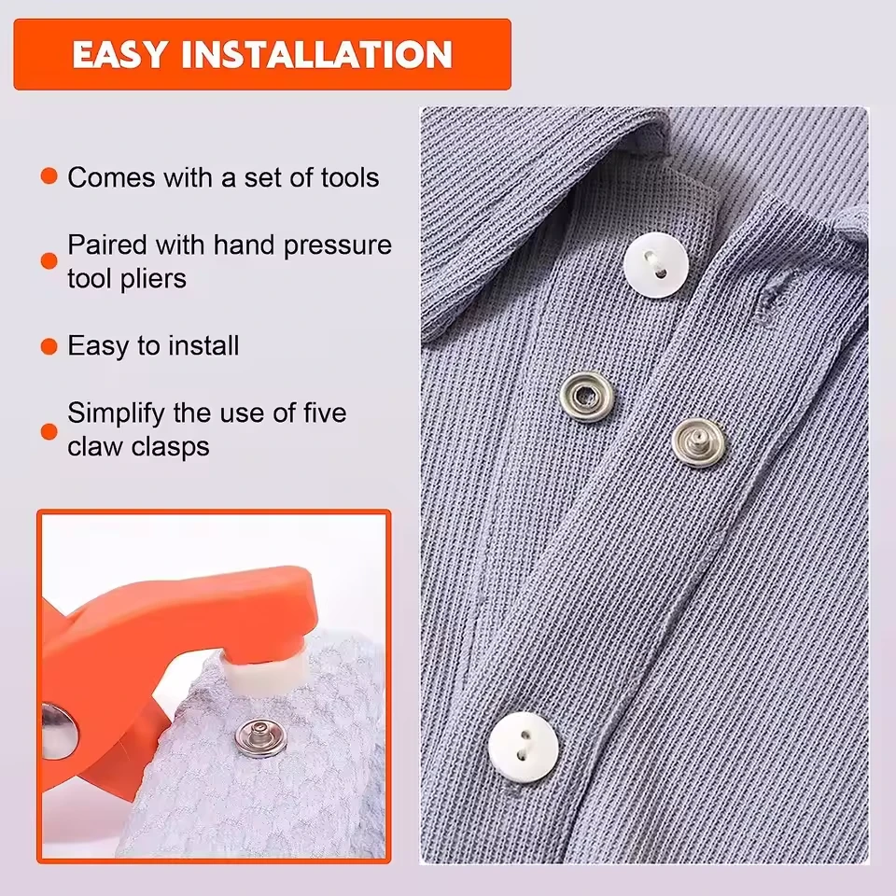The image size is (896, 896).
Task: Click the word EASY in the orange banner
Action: (119, 54)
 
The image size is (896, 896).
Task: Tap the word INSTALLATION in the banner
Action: (316, 54)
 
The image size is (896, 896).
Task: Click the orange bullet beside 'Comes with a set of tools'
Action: (49, 176)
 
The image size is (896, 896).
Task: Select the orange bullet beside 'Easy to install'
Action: (49, 346)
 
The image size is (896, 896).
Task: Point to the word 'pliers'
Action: (151, 279)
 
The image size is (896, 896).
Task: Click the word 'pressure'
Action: (338, 245)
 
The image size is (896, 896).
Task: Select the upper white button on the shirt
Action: (655, 266)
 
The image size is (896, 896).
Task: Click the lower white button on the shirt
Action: (523, 747)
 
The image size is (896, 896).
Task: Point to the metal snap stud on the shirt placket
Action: (698, 442)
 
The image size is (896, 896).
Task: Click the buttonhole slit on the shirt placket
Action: (768, 302)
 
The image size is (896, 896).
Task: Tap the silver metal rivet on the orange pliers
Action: (57, 731)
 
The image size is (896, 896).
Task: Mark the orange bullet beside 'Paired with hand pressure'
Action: (49, 261)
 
